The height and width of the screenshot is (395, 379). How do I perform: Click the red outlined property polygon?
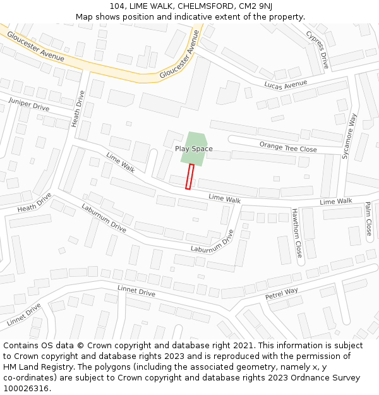189,176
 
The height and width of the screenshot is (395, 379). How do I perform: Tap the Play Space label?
194,149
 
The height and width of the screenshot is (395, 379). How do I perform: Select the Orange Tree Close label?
288,147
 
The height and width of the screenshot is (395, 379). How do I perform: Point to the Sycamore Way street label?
349,135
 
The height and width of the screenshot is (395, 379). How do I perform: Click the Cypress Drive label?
318,49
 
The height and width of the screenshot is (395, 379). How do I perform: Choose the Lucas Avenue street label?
286,84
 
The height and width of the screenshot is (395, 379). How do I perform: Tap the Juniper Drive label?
28,104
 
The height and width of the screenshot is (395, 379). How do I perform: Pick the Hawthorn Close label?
297,233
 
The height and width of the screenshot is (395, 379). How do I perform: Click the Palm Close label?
368,219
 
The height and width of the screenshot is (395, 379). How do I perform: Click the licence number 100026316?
27,389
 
